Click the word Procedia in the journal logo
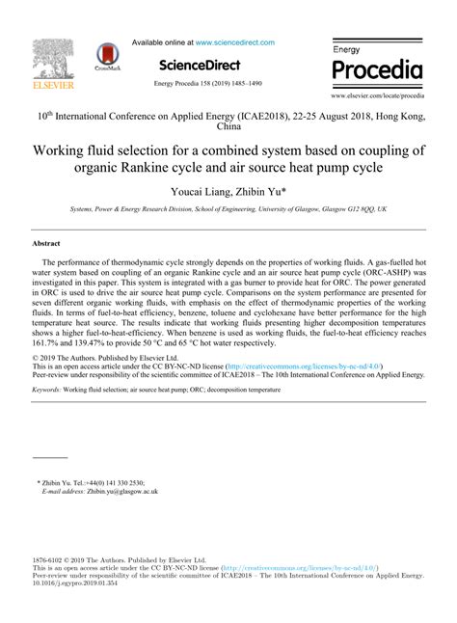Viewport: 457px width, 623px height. tap(377, 70)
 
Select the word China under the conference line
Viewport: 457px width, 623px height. tap(228, 125)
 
